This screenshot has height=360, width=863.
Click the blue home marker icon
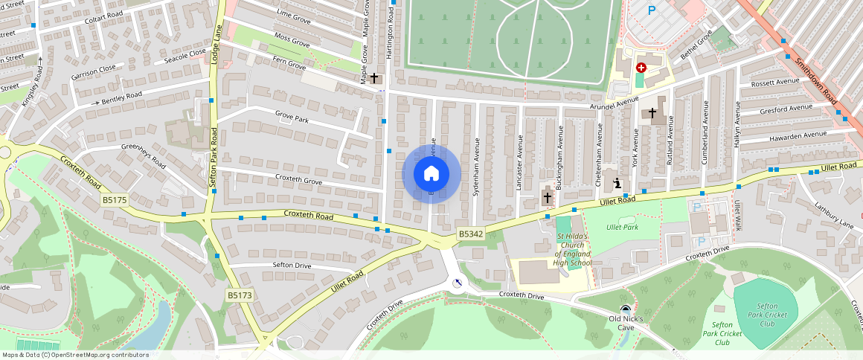[x=431, y=174]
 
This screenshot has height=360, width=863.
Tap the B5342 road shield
[x=470, y=234]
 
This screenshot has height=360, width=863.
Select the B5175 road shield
[x=115, y=200]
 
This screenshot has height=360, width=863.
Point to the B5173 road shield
[x=240, y=295]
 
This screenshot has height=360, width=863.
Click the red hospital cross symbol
[x=641, y=68]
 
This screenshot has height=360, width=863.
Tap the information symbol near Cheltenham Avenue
[x=617, y=183]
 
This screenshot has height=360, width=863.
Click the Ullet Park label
[x=622, y=227]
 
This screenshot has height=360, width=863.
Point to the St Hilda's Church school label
[x=573, y=250]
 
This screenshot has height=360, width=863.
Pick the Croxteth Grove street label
[x=298, y=181]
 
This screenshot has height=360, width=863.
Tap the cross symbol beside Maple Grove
[x=375, y=77]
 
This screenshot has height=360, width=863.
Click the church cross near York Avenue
[x=652, y=113]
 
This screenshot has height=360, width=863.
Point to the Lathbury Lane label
[x=833, y=214]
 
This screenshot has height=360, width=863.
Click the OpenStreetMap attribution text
[x=76, y=355]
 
